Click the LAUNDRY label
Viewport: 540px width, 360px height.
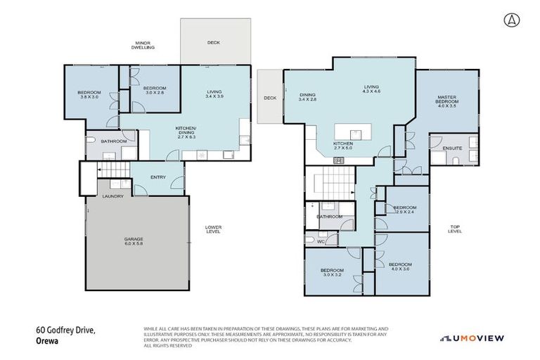pos(113,196)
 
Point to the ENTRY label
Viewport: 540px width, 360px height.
pos(158,177)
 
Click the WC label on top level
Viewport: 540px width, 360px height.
pos(321,241)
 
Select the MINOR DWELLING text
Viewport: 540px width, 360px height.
pos(143,46)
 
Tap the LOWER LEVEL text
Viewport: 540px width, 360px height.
pos(213,229)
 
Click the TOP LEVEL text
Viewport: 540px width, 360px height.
pos(455,229)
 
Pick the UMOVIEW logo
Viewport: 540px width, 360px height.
pos(472,338)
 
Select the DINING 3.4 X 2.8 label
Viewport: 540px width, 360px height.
pos(308,97)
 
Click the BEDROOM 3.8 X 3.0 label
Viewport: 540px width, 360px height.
pos(89,96)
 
